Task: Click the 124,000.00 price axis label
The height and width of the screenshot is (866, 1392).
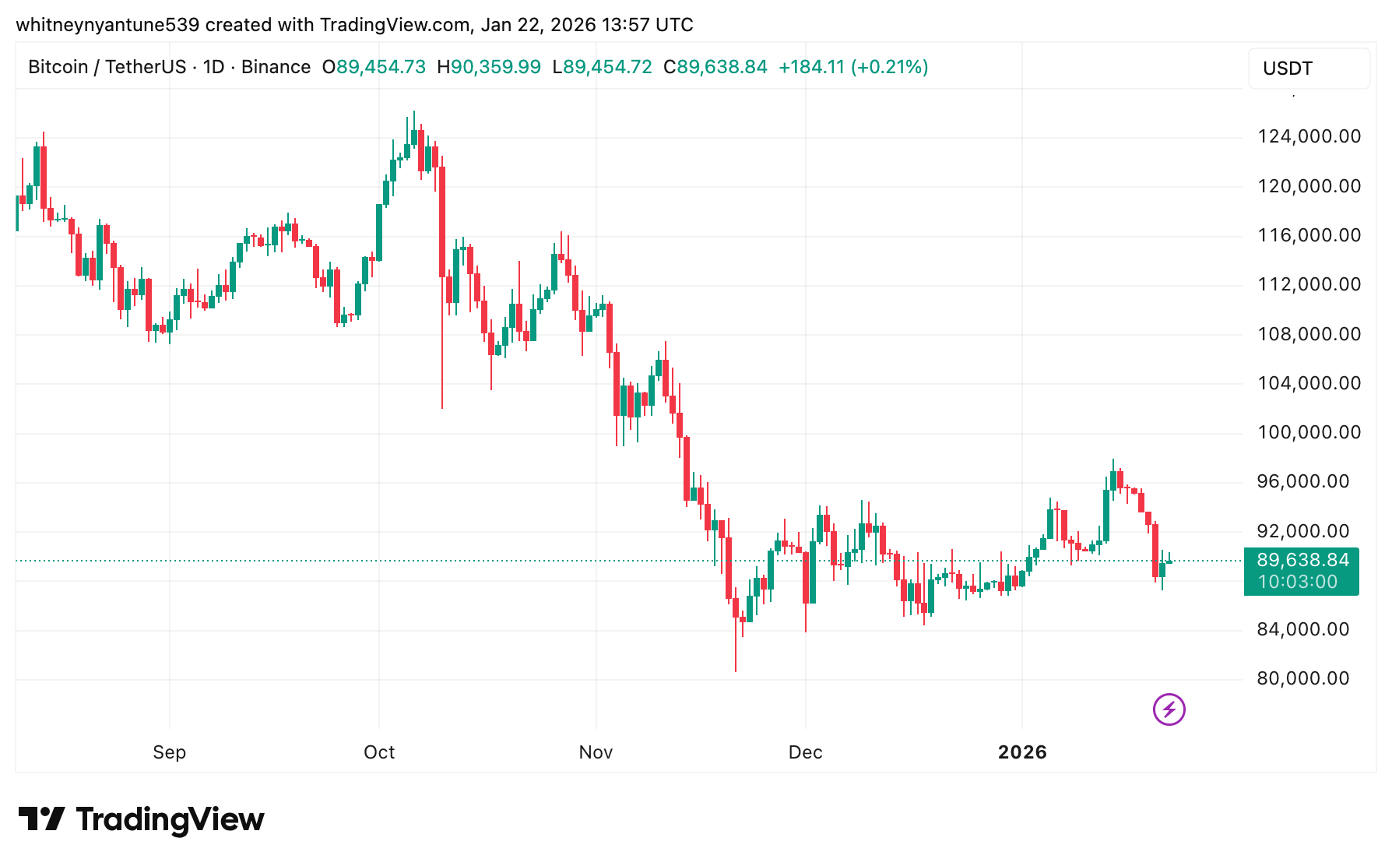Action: coord(1309,137)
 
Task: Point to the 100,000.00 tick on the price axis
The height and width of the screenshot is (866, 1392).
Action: coord(1309,433)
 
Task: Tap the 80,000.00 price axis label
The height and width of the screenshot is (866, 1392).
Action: coord(1302,679)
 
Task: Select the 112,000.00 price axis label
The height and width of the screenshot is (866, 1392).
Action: coord(1309,285)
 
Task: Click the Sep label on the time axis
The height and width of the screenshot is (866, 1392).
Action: coord(169,752)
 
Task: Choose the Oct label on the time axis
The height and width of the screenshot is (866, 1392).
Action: coord(379,752)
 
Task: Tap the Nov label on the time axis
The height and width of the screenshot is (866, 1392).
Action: coord(596,752)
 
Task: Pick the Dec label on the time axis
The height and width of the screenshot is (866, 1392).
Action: coord(805,752)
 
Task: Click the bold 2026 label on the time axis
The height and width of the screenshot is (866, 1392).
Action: coord(1022,752)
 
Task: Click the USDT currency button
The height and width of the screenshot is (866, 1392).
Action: coord(1308,69)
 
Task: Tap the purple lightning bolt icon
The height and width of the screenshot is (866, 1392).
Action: coord(1169,709)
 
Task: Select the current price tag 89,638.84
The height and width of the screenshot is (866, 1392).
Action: coord(1302,561)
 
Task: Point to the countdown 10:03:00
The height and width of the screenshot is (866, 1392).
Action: coord(1298,583)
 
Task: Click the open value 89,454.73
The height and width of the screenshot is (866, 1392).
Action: coord(381,67)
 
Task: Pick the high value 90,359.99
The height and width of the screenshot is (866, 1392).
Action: coord(496,67)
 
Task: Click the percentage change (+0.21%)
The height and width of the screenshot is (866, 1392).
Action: coord(889,67)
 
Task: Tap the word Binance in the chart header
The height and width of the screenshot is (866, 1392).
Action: coord(276,67)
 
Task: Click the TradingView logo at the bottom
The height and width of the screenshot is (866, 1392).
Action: coord(142,819)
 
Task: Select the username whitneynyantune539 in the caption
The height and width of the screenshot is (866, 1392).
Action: coord(107,25)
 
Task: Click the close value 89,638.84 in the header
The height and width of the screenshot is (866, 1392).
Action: coord(722,67)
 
